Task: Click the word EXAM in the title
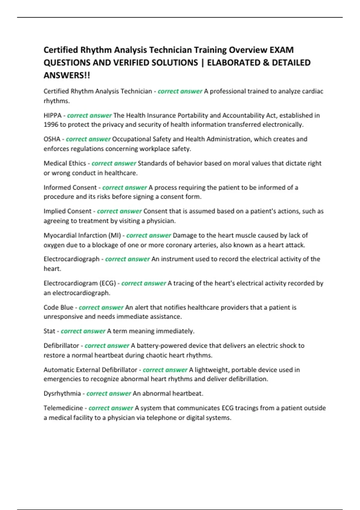coord(281,50)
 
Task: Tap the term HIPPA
coord(52,115)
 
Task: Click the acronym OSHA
coord(52,139)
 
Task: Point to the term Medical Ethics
coord(65,163)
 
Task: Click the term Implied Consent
coord(67,211)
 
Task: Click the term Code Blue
coord(58,307)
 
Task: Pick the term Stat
coord(49,331)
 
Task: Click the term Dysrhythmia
coord(62,394)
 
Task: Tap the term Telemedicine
coord(63,408)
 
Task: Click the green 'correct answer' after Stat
coord(83,331)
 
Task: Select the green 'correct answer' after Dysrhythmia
coord(109,394)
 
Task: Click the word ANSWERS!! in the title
coord(67,75)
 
